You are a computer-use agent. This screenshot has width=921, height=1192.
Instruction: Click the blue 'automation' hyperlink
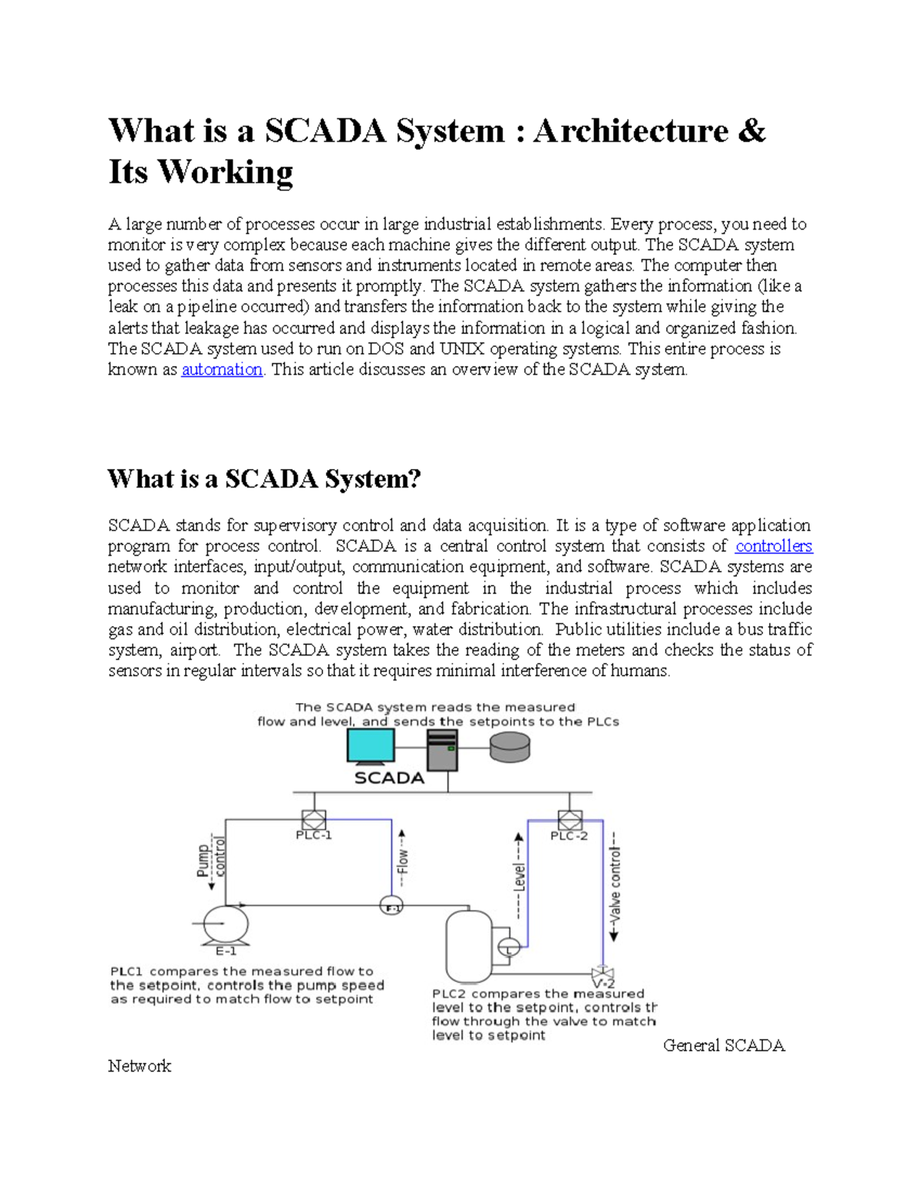(222, 370)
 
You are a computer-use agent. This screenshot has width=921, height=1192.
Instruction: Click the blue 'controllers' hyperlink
(773, 546)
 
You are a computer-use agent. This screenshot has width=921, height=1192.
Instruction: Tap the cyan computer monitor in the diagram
(371, 745)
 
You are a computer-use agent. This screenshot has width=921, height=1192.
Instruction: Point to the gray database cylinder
(510, 747)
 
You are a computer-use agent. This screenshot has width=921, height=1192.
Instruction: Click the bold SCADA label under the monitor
(389, 778)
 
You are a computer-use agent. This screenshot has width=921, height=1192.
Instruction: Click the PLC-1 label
(313, 836)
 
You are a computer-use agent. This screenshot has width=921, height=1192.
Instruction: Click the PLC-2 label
(569, 836)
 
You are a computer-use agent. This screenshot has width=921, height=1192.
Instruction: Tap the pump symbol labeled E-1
(225, 923)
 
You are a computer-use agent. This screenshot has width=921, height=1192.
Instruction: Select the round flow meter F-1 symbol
(391, 906)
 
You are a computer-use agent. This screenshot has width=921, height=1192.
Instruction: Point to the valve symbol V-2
(602, 973)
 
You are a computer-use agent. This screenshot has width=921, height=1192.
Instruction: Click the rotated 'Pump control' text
(211, 859)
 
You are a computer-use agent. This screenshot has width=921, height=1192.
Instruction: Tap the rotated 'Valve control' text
(615, 886)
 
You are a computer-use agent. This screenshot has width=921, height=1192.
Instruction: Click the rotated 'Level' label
(520, 876)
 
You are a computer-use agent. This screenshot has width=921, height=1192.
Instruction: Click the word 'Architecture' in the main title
(631, 131)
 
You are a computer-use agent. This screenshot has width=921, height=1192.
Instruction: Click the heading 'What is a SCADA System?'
(264, 480)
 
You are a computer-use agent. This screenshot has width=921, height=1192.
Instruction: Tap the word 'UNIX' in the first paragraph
(462, 349)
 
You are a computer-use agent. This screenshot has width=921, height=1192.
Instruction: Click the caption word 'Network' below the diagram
(140, 1066)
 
